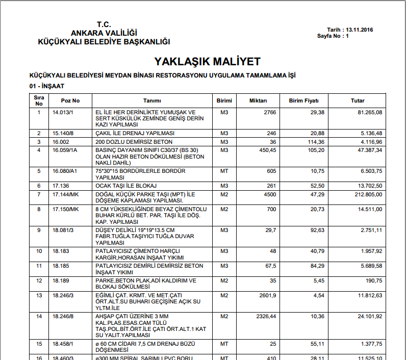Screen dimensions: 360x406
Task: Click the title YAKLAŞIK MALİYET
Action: pos(207,62)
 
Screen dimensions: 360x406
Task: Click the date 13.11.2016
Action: pos(359,30)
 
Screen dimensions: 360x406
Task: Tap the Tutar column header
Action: pos(358,100)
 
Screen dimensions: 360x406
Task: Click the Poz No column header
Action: pos(70,100)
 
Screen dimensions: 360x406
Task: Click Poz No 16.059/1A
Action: pos(64,150)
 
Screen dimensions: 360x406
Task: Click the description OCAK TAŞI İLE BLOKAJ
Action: pos(125,186)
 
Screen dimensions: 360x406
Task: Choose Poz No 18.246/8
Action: pos(64,316)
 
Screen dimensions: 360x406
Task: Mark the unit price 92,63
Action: pos(317,230)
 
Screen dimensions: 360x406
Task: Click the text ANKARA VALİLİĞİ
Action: pos(104,33)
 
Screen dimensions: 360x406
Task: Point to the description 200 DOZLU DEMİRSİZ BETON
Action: pos(134,141)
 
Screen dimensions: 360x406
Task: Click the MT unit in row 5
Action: pos(224,171)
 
